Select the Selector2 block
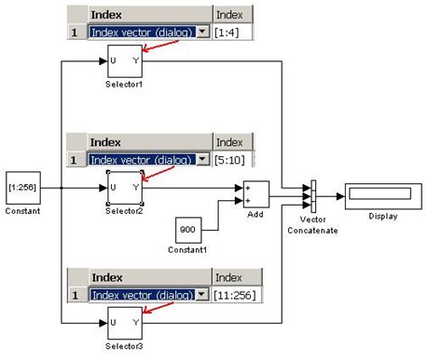click(x=124, y=188)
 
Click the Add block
click(x=255, y=194)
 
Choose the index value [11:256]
click(x=236, y=295)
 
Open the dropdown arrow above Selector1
click(x=203, y=32)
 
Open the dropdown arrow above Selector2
click(x=203, y=160)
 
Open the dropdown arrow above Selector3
click(x=203, y=295)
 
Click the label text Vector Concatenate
click(x=313, y=226)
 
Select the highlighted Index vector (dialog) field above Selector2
click(x=142, y=160)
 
